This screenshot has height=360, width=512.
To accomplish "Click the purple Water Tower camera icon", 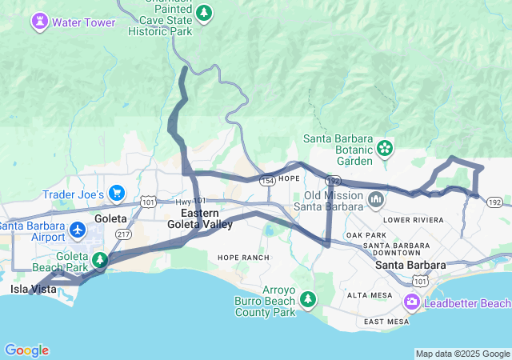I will pos(39,22).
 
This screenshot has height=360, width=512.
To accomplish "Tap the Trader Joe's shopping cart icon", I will pos(117,193).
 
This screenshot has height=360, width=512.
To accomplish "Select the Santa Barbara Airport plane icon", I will pos(78,230).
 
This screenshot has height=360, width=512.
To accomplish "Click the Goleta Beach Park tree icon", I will pos(100,259).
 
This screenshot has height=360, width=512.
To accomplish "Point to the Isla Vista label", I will pos(34,289).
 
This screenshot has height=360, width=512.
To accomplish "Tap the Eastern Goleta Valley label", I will pos(200,219).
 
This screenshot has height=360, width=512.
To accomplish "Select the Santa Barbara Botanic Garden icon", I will pos(385,148).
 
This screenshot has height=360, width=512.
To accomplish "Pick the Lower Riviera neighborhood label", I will pos(414,219).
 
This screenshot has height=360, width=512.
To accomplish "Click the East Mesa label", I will pos(386,322).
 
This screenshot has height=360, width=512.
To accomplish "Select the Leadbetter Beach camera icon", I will pos(412,302).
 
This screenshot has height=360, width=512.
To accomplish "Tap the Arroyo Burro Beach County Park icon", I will pos(308,298).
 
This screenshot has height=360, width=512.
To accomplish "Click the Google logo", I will pos(26,350).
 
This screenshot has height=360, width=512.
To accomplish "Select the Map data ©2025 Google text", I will pos(462,354).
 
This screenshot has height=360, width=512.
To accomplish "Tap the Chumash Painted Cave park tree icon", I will pos(205,13).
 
